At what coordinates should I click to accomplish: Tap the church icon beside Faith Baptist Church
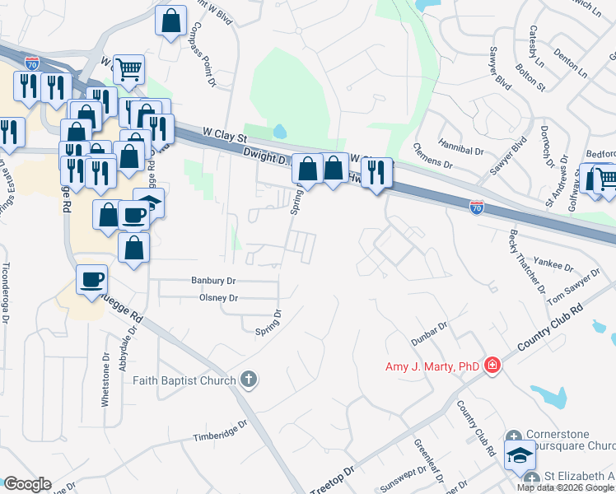[249, 380]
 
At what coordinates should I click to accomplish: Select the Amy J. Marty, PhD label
[432, 366]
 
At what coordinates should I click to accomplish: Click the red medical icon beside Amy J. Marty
[492, 365]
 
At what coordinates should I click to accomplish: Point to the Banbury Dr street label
[212, 280]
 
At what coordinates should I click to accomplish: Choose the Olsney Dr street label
[218, 298]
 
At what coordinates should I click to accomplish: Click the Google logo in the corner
[27, 484]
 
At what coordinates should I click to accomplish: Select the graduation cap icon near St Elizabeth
[520, 454]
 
